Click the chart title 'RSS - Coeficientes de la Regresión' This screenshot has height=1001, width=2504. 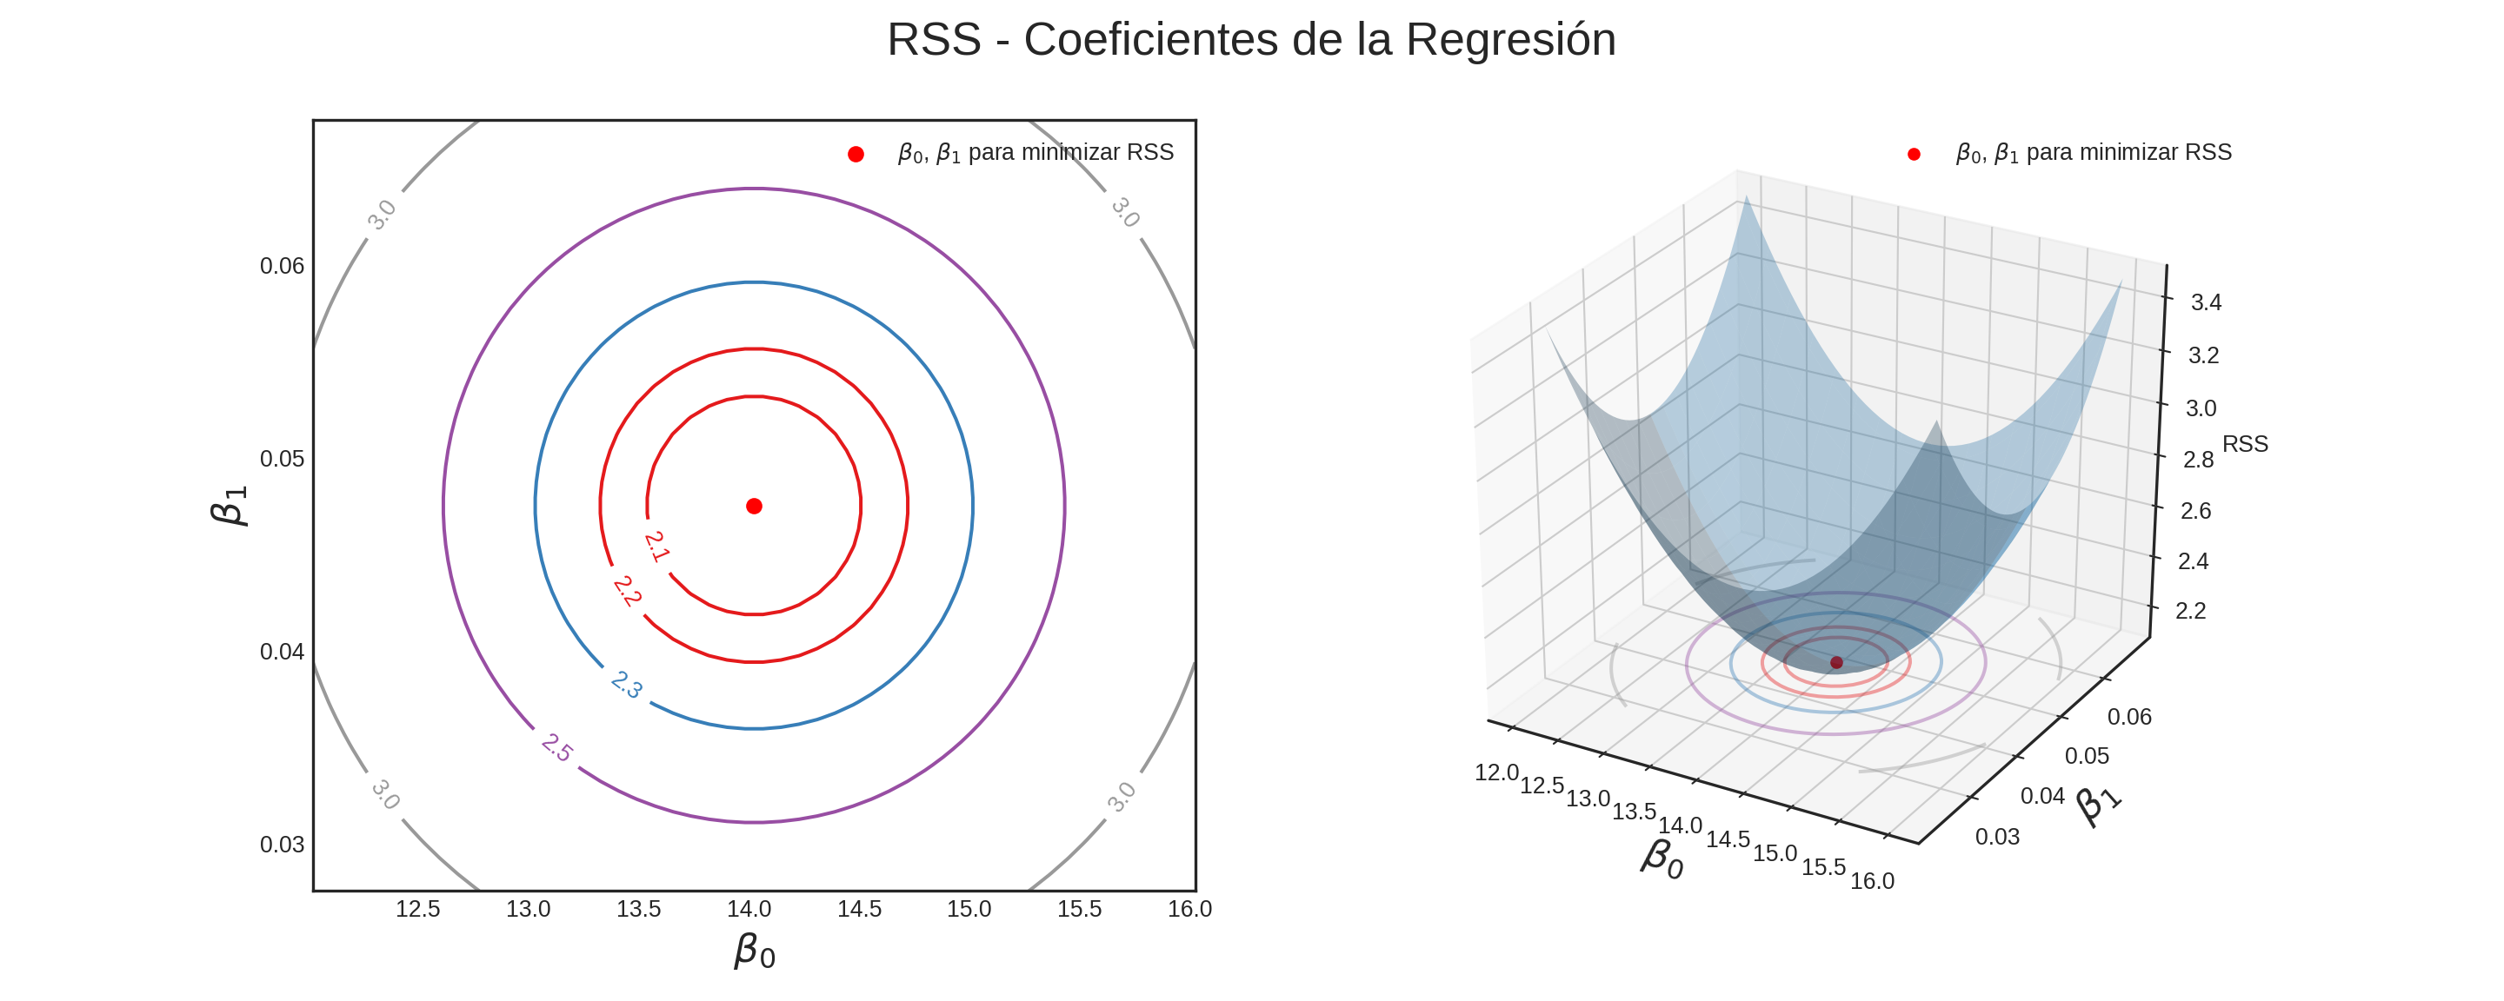[1251, 40]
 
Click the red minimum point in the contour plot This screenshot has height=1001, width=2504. [753, 506]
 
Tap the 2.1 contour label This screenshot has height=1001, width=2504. [657, 547]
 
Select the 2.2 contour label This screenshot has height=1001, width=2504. [627, 591]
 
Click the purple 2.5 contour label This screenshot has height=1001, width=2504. [557, 748]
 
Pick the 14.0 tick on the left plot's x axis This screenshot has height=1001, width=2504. [749, 909]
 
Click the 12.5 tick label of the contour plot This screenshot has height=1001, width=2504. [418, 909]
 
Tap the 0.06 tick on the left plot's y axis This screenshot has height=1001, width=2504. [282, 266]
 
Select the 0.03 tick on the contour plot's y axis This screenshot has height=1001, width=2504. [282, 845]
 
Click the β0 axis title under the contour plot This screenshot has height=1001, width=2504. [755, 951]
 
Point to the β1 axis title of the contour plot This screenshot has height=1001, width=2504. [230, 506]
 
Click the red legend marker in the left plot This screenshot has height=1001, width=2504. [856, 154]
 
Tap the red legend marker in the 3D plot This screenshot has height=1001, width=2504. [1913, 154]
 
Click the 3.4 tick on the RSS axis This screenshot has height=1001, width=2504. [2206, 302]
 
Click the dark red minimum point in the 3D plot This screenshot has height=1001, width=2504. [1836, 662]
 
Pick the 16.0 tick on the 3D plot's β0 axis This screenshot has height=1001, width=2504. [1871, 880]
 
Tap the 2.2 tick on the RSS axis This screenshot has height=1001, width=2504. [2190, 610]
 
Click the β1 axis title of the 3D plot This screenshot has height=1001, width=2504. [2099, 805]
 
